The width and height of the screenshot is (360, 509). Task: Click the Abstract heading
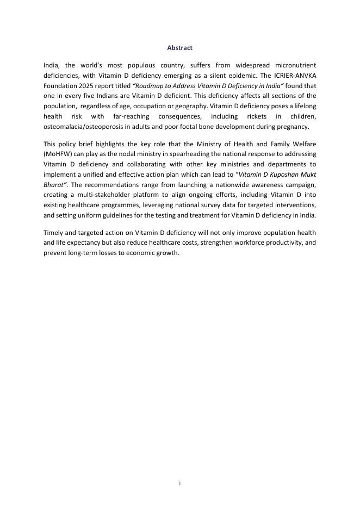179,48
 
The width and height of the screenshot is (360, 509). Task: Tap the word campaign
300,185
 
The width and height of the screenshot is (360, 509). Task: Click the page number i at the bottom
180,482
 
